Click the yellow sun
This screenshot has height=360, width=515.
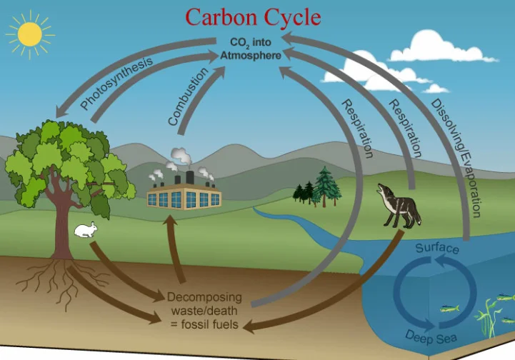point(30,34)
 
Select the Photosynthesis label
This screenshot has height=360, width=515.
point(116,83)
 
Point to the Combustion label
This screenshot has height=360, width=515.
point(188,96)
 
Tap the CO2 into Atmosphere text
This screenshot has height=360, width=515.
point(251,49)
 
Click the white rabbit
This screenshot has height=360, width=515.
point(86,229)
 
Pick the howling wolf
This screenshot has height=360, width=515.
point(399,206)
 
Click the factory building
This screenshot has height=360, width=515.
point(184,196)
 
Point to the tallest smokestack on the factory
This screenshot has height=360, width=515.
point(190,177)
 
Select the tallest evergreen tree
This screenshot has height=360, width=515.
point(326,186)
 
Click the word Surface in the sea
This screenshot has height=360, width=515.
point(437,248)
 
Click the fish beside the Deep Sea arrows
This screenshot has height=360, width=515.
point(449,309)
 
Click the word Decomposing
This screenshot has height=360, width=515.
point(204,297)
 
